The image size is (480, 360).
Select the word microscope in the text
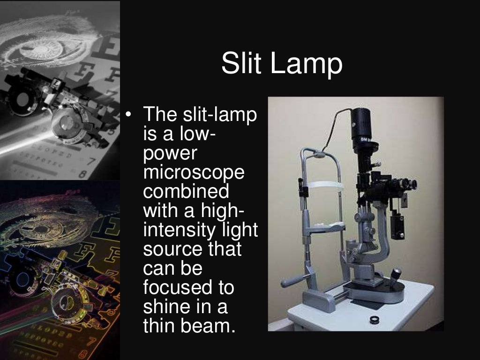tap(194, 173)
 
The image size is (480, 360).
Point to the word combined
tap(186, 192)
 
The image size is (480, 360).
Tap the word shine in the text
tap(164, 307)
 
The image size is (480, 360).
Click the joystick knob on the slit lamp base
tap(396, 272)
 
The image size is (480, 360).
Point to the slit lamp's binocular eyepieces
tap(403, 184)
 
